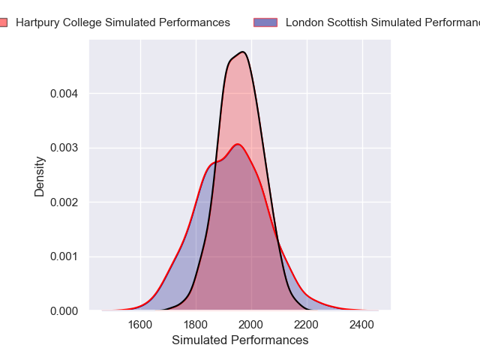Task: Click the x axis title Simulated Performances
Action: tap(240, 340)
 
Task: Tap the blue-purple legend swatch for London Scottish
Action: tap(265, 22)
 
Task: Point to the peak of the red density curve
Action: tap(237, 144)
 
